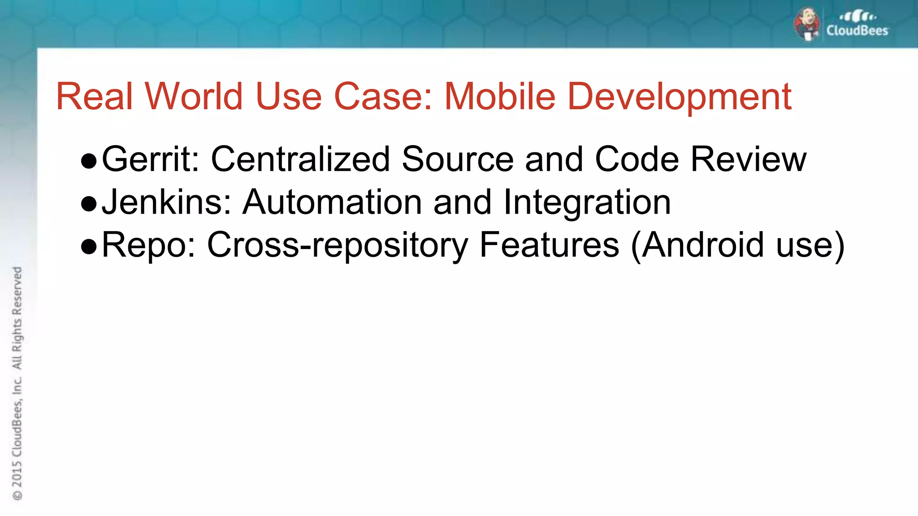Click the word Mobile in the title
pos(499,96)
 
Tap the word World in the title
pos(194,96)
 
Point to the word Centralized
pos(300,159)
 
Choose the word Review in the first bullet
pos(748,159)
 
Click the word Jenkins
pos(166,202)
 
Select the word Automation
pos(332,202)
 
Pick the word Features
pos(549,245)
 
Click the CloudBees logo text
pos(857,30)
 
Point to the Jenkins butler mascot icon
pos(807,24)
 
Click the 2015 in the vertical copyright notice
pos(17,474)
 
